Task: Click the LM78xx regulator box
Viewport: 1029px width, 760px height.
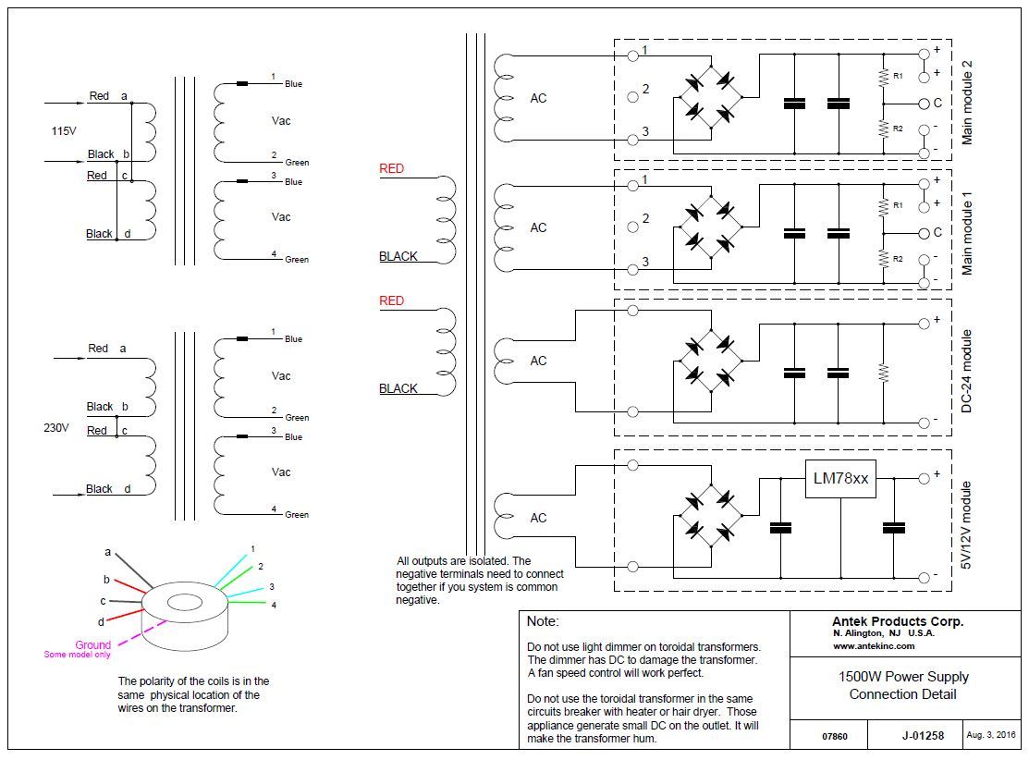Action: [x=840, y=478]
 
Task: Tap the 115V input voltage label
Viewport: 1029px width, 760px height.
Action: [x=64, y=131]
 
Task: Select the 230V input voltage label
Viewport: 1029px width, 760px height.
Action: [x=56, y=428]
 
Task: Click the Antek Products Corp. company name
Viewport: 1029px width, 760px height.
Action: [x=898, y=621]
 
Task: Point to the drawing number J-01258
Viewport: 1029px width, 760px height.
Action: [x=923, y=736]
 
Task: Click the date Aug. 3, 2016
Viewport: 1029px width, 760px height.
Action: [x=990, y=735]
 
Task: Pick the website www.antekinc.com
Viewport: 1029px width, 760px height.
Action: [x=874, y=645]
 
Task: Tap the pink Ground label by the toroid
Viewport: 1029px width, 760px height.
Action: [x=92, y=645]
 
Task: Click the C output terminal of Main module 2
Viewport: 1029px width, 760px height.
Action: [x=924, y=104]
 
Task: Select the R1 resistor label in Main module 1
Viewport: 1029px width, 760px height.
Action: [x=898, y=205]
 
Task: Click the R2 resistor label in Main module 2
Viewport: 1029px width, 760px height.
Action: [x=898, y=129]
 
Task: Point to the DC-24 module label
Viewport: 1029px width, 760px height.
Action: [x=966, y=371]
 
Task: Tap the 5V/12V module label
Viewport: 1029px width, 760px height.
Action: [x=966, y=525]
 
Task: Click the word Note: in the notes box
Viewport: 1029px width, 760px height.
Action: [x=543, y=621]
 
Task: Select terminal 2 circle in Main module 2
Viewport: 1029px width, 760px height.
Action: [x=632, y=97]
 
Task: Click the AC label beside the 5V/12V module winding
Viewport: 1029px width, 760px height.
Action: [x=538, y=519]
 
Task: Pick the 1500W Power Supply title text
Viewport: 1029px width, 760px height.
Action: [x=903, y=677]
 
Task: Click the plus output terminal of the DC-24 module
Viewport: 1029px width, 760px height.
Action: [x=924, y=324]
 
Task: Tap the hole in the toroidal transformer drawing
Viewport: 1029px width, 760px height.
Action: [x=185, y=601]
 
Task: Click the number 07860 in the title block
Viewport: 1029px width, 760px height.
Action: [x=835, y=736]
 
